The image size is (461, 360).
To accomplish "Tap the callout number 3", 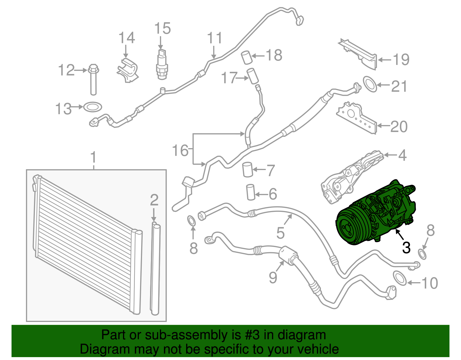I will click(406, 247).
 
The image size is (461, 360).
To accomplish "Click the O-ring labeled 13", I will click(92, 107).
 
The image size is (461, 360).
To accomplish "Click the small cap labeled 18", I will click(247, 57).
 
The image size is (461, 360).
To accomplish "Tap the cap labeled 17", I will click(252, 76).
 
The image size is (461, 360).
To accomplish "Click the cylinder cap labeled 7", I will click(247, 169).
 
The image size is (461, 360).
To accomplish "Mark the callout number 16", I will click(180, 150).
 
